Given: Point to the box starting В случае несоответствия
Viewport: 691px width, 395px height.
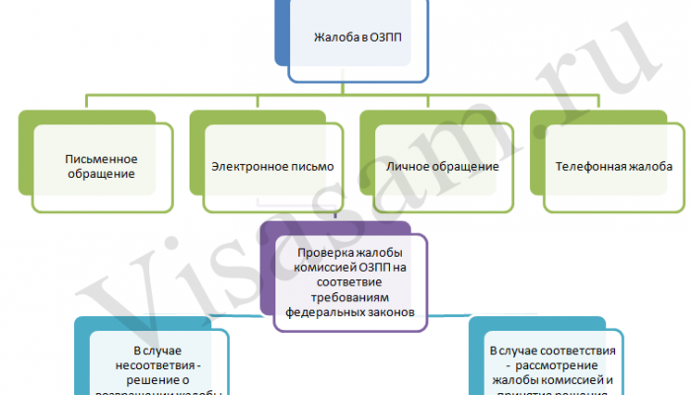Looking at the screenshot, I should tap(158, 365).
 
